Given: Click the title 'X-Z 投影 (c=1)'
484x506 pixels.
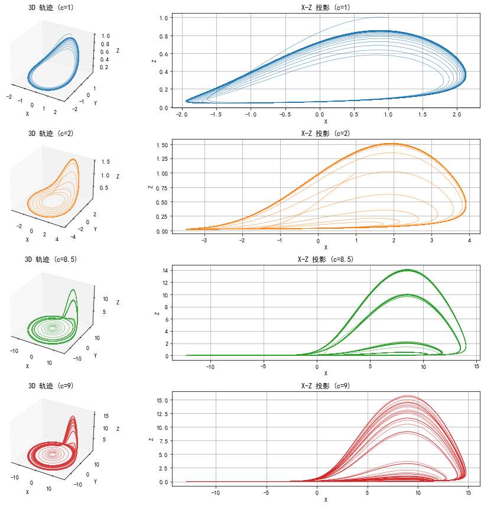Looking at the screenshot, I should (x=326, y=7).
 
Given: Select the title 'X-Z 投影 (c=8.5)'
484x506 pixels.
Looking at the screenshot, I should (x=326, y=260).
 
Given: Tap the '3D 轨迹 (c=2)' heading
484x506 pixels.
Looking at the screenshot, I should (x=51, y=134).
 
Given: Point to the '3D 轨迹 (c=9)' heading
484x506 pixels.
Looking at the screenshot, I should (x=51, y=386).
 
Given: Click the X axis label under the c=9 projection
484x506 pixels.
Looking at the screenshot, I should (x=326, y=500).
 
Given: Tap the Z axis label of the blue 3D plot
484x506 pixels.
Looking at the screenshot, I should (x=118, y=50).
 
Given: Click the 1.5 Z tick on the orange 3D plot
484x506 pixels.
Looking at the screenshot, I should (x=105, y=161).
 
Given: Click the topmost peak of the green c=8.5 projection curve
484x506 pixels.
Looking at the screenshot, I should (x=407, y=270).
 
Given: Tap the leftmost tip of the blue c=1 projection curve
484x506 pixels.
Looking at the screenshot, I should (x=186, y=100).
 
